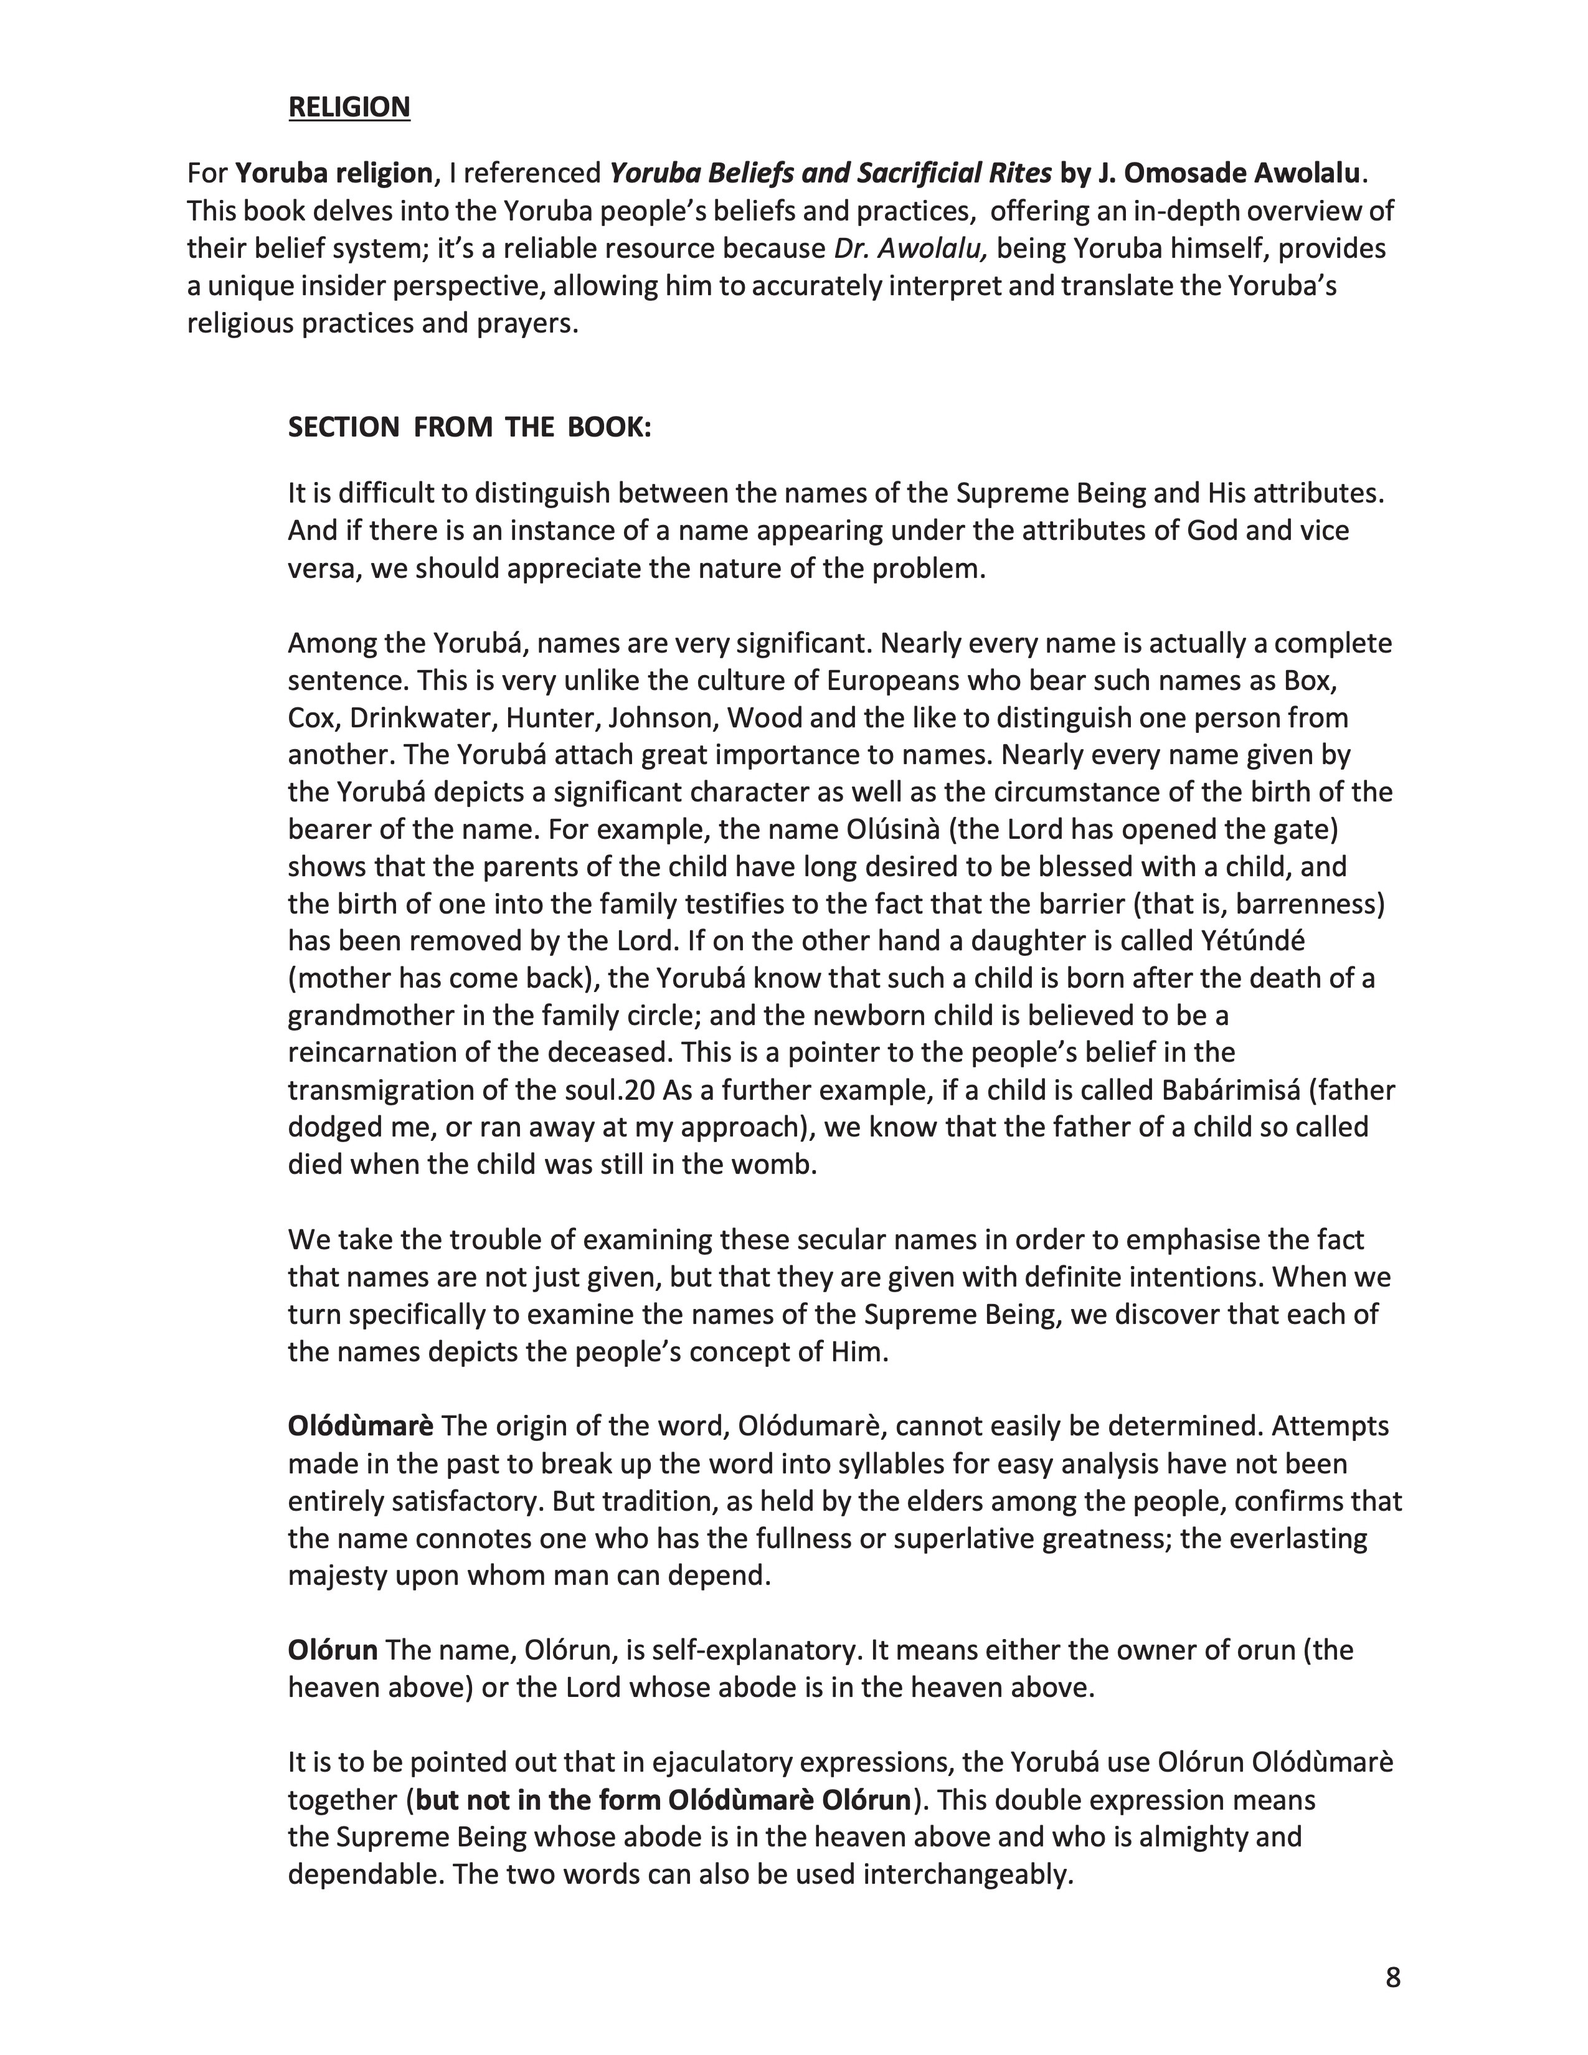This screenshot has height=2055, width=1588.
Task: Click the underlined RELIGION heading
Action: click(349, 107)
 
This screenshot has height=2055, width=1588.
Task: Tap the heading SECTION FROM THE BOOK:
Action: click(470, 427)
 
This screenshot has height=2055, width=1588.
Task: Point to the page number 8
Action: click(1392, 1977)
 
